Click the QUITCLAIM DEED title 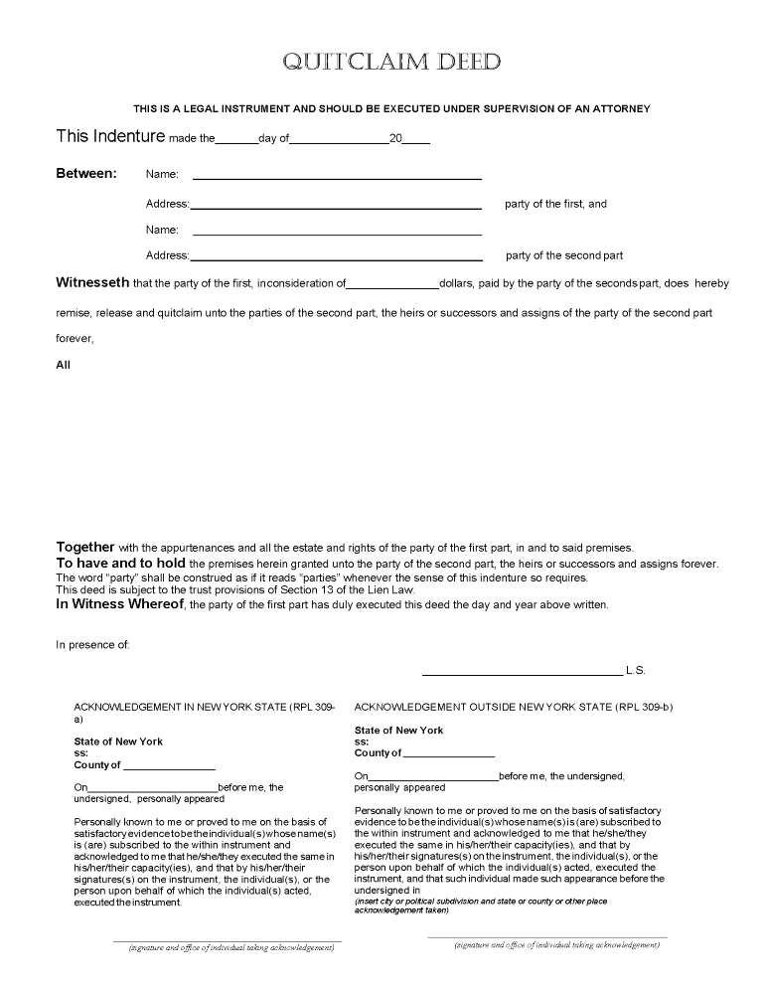[x=392, y=63]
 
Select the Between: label [x=85, y=174]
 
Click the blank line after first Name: [x=336, y=177]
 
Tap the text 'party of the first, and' [x=555, y=204]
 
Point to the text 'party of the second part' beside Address [x=564, y=255]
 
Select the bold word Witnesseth [x=92, y=283]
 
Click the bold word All [x=63, y=365]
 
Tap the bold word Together [x=85, y=548]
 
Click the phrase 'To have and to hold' [x=120, y=563]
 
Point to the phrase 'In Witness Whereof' [x=120, y=603]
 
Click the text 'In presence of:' [x=92, y=645]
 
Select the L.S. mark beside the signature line [x=636, y=670]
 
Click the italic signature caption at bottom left [x=230, y=948]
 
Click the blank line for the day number [x=236, y=141]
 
